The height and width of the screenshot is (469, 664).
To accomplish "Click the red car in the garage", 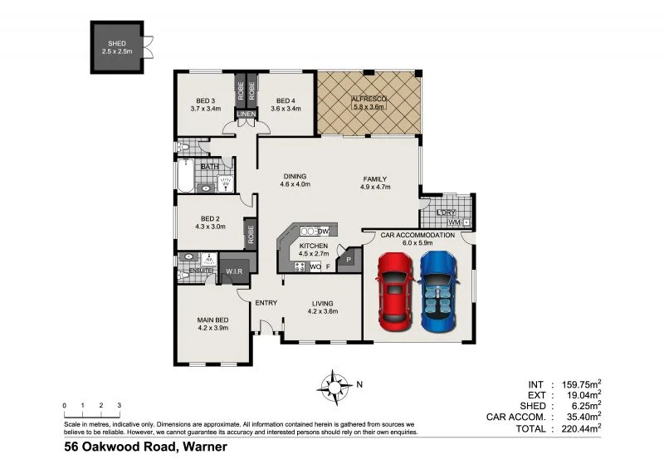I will [x=395, y=291].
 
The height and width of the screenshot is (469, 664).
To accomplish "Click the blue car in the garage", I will [x=439, y=291].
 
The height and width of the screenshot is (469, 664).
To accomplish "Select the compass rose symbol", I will [x=334, y=385].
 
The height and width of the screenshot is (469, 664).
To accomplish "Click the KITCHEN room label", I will [x=314, y=247].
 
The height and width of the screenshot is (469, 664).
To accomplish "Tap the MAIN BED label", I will [x=212, y=320].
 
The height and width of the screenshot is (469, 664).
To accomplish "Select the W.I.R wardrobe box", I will [x=232, y=271].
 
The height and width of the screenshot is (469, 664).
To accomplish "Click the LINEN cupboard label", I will [x=247, y=115].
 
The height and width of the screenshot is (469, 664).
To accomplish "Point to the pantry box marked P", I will [x=349, y=259].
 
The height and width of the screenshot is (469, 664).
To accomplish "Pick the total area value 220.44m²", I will [x=578, y=429].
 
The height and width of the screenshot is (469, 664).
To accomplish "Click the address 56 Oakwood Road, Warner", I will [x=145, y=447].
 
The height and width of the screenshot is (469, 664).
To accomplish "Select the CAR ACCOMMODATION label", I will [x=417, y=236].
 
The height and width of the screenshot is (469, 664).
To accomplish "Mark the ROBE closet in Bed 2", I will [x=248, y=233].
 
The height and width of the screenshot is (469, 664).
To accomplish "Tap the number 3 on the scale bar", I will [x=119, y=406].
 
